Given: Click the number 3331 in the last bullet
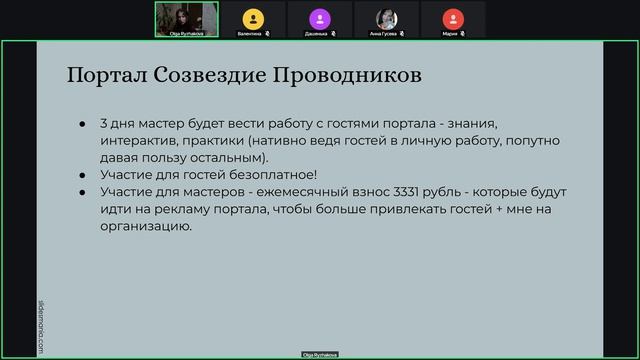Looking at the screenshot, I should pyautogui.click(x=389, y=190).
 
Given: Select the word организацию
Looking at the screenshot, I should pyautogui.click(x=144, y=226).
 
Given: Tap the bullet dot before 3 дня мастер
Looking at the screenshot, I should pyautogui.click(x=82, y=123).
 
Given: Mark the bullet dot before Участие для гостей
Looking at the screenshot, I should pyautogui.click(x=82, y=174).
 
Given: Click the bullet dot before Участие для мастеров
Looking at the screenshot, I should pyautogui.click(x=82, y=191).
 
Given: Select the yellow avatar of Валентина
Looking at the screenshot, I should pyautogui.click(x=252, y=17).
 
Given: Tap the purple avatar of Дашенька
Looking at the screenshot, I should pyautogui.click(x=319, y=17).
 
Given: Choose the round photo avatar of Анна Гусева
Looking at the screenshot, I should pyautogui.click(x=386, y=17).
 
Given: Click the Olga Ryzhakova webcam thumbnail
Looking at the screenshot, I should pyautogui.click(x=186, y=19).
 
